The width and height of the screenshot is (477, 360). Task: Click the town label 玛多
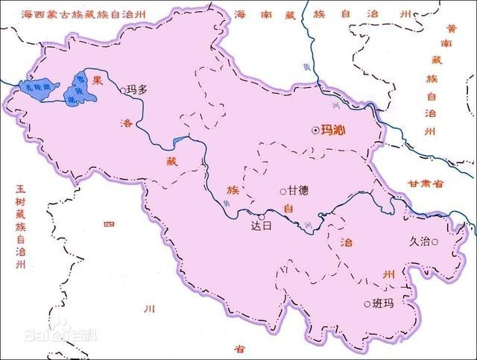[138, 89]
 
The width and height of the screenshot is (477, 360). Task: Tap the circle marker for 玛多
[123, 90]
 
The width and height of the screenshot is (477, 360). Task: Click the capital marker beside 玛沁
[315, 130]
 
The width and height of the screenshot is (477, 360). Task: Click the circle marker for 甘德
[282, 191]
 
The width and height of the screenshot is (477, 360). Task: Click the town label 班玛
[382, 303]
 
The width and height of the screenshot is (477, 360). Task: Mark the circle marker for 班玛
[367, 303]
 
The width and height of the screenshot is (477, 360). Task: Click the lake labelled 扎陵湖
[37, 88]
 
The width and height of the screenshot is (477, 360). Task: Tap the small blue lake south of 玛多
[177, 141]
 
